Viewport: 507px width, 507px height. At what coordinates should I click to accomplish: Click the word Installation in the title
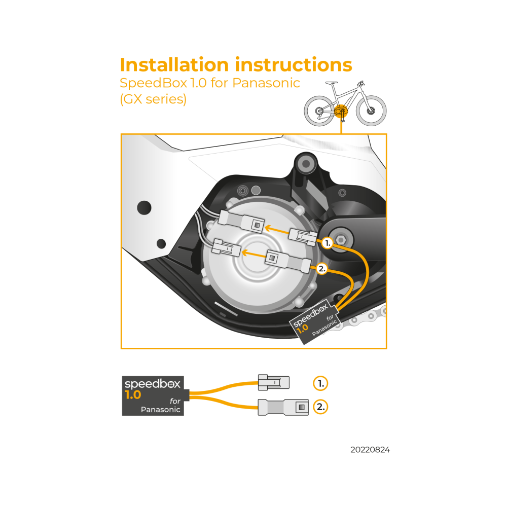click(174, 65)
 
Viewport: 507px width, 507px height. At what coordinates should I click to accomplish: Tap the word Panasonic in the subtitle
click(266, 83)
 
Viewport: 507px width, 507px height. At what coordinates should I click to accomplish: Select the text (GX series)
click(153, 99)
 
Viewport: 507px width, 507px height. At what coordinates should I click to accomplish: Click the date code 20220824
click(370, 450)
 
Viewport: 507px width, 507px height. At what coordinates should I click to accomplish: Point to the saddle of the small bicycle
click(332, 83)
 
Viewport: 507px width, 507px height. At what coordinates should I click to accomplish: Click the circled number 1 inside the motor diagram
click(327, 243)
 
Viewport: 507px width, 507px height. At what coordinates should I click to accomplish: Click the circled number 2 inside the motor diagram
click(322, 269)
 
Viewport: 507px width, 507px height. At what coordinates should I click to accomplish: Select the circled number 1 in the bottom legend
click(320, 383)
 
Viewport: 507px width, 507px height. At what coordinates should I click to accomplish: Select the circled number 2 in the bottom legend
click(320, 407)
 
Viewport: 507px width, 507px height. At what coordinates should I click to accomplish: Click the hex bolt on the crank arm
click(340, 240)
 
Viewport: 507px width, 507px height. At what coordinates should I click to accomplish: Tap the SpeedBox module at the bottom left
click(153, 396)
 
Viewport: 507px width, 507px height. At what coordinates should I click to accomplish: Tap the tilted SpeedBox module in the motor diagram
click(314, 322)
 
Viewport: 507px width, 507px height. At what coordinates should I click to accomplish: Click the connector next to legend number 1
click(274, 382)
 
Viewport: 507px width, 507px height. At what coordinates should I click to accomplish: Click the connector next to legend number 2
click(283, 407)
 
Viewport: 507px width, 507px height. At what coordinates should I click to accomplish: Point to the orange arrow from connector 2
click(254, 254)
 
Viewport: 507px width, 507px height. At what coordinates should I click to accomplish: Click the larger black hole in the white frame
click(144, 207)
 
